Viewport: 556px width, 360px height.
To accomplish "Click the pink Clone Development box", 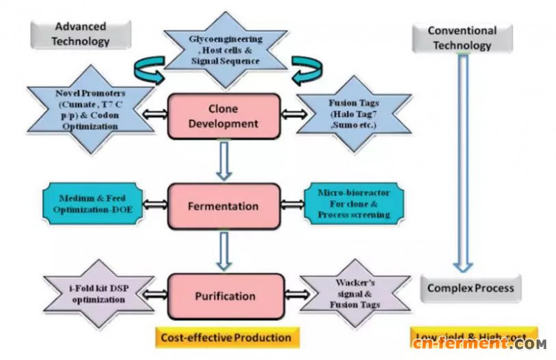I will [223, 116].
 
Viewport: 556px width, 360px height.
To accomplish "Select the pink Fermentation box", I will [223, 206].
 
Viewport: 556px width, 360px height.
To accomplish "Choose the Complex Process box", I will [470, 288].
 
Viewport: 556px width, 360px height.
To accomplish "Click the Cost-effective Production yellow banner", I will [227, 338].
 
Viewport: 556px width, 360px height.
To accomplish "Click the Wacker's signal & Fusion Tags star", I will [352, 292].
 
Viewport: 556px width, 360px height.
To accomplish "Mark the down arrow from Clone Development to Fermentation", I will [224, 161].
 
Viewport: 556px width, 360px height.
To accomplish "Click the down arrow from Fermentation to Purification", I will [224, 251].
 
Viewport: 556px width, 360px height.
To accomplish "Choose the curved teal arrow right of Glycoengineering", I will [304, 69].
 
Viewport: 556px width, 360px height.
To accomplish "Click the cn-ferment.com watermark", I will [477, 343].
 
